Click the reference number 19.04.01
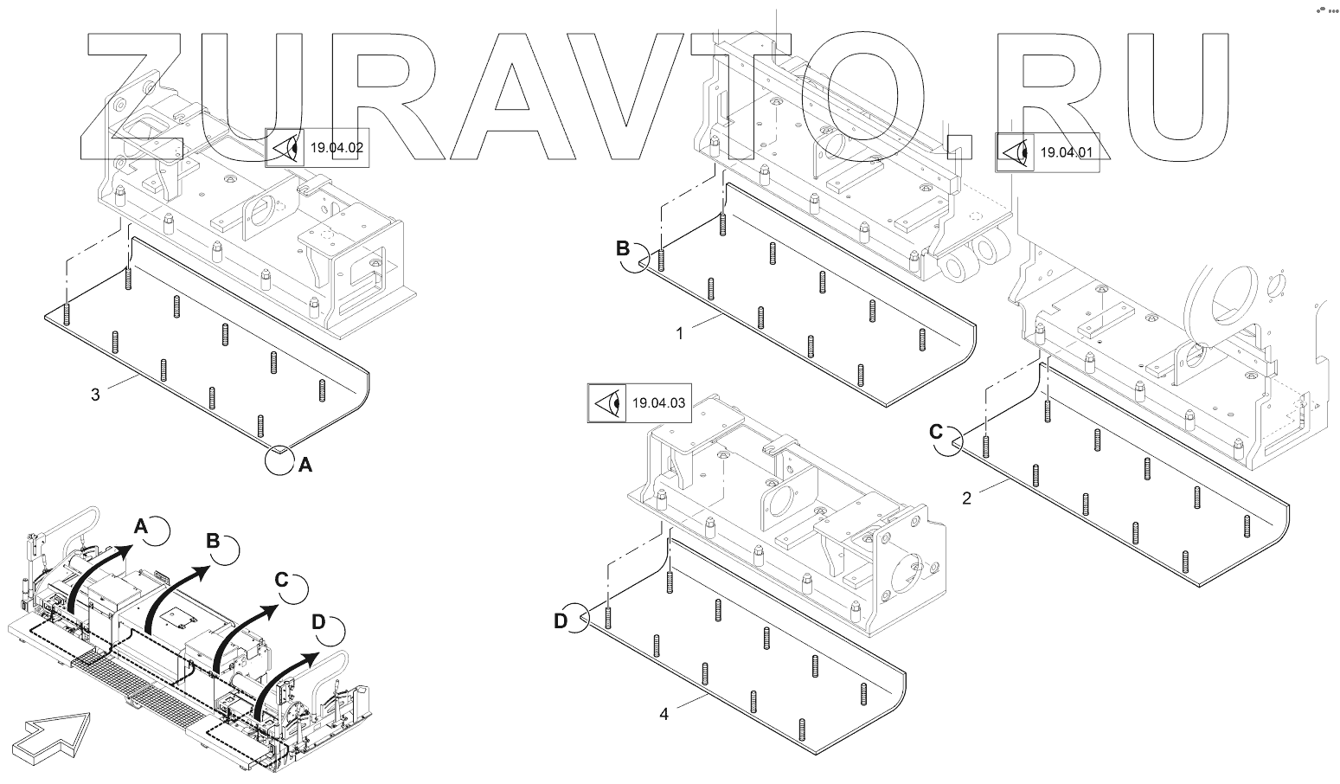click(1066, 153)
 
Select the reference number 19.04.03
click(658, 402)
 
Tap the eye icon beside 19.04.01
click(1014, 153)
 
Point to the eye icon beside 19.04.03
click(606, 402)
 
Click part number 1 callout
click(680, 332)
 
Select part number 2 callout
click(967, 498)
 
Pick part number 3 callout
click(96, 395)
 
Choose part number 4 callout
click(664, 714)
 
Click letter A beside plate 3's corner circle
click(305, 466)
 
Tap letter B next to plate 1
click(623, 248)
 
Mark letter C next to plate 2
click(937, 430)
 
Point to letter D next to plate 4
click(561, 620)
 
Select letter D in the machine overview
click(318, 621)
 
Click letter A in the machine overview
click(142, 525)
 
